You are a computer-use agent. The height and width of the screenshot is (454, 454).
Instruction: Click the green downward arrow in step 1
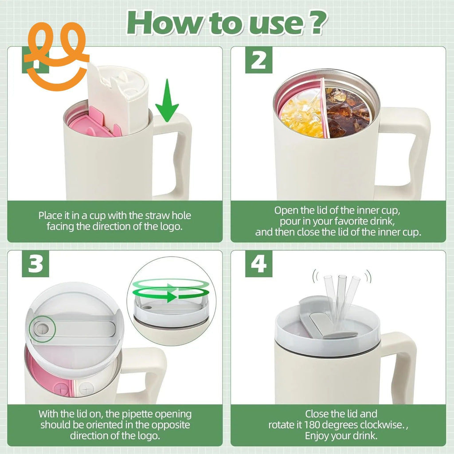coord(167,101)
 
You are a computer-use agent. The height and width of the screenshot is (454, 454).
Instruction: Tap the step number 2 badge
coord(258,60)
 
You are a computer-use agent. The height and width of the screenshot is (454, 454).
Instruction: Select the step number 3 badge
coord(35,264)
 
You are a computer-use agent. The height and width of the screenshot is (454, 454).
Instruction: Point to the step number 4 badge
coord(258,264)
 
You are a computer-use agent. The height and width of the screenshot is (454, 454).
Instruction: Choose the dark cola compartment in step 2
coord(348,112)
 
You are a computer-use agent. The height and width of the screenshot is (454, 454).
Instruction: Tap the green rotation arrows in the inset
coord(171,290)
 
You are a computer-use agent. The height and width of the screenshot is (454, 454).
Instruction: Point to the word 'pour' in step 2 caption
coord(290,221)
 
